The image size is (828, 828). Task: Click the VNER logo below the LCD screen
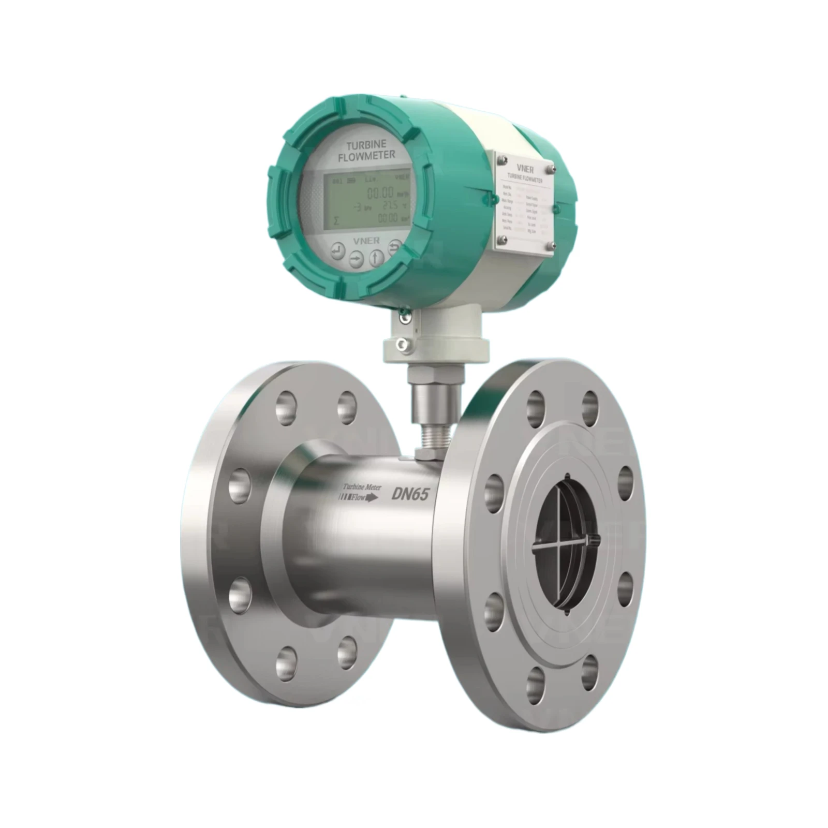pos(367,240)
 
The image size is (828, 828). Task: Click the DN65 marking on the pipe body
pos(409,495)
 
